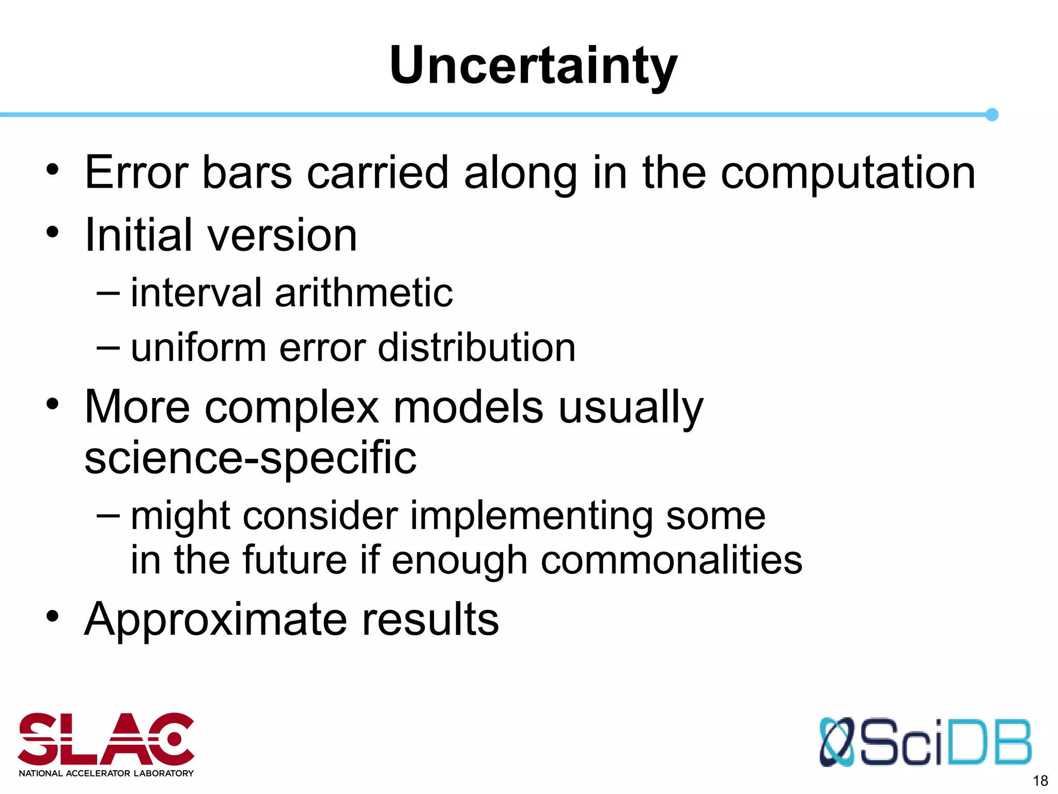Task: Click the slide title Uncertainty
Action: point(533,66)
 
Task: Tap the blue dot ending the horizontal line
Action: point(991,115)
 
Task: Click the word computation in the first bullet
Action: point(848,174)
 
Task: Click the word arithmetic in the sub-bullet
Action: point(364,293)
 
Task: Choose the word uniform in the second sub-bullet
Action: point(198,347)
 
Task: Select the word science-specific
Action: point(250,458)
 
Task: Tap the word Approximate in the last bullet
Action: point(215,620)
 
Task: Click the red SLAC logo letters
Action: point(106,739)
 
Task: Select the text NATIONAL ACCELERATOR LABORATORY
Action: point(106,773)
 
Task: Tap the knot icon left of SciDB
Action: point(837,742)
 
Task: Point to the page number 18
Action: point(1040,781)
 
